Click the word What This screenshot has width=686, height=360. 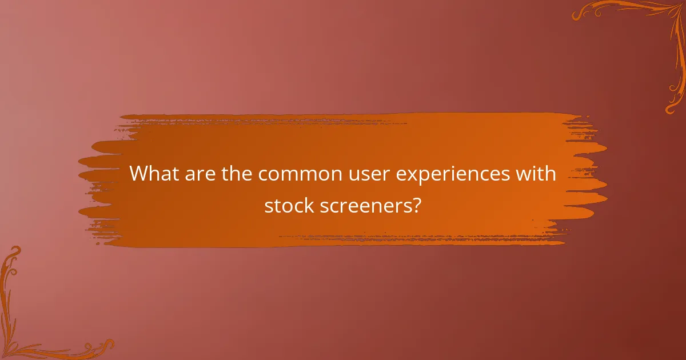click(x=153, y=174)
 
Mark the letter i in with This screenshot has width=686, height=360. click(x=534, y=173)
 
